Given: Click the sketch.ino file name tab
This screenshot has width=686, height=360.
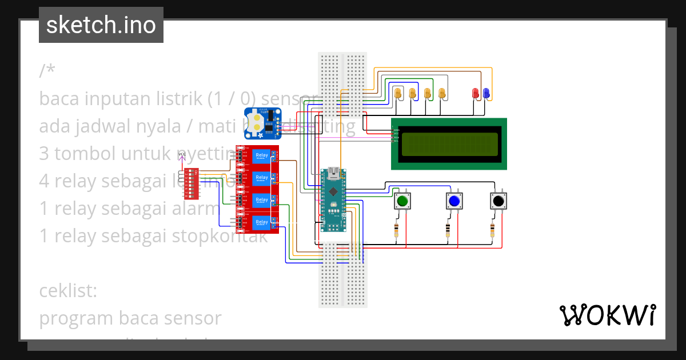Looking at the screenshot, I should (101, 25).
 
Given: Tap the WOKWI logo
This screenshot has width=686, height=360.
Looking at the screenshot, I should (607, 315).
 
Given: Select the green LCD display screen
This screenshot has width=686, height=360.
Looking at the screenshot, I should (449, 144).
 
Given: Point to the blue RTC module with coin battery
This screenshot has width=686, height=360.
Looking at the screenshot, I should (262, 123).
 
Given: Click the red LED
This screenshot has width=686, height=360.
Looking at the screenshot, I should (475, 93).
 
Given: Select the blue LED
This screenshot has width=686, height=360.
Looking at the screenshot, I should (486, 93).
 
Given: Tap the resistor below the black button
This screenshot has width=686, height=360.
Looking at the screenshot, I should (493, 230).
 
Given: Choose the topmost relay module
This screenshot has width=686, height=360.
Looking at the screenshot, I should (258, 156).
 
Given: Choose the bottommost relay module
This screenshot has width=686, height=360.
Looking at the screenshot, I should (258, 222).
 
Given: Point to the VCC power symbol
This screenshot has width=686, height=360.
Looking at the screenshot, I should (182, 155).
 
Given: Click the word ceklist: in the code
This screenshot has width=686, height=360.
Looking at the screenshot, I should (69, 291).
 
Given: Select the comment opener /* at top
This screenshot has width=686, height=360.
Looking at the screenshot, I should (47, 71).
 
